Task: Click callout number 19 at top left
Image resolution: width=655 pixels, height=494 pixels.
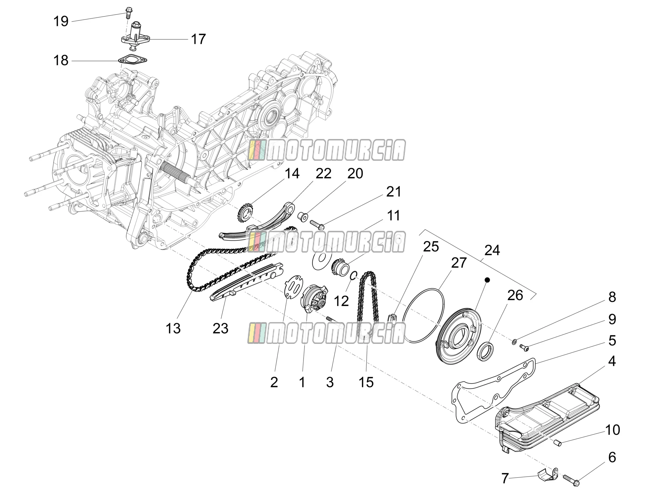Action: (61, 21)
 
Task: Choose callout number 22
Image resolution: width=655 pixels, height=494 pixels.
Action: (323, 174)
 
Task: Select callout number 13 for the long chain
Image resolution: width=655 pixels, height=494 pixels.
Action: (173, 328)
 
